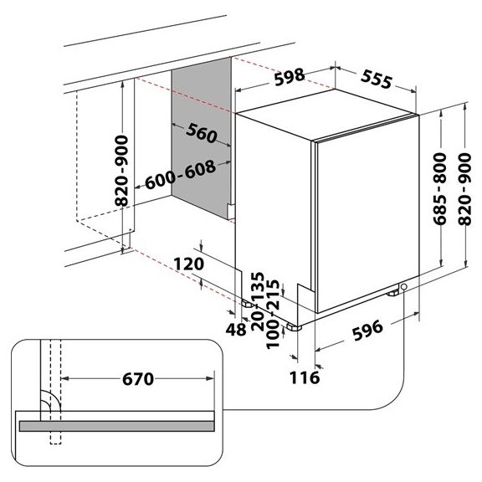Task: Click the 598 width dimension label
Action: [290, 77]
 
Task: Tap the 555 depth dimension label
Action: [377, 79]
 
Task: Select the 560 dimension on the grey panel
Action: [202, 133]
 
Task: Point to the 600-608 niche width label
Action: [180, 175]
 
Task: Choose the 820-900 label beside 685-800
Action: [464, 189]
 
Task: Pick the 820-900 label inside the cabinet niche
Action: [121, 171]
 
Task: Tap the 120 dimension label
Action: [189, 264]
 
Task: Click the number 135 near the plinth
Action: [258, 286]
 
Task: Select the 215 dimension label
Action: [273, 295]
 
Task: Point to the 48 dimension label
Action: [236, 330]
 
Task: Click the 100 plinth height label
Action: [273, 334]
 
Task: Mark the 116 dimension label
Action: [305, 377]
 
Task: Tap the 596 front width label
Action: [367, 331]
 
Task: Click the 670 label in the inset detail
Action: [138, 379]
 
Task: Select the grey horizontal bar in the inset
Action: [117, 426]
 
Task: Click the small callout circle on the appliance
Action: [404, 287]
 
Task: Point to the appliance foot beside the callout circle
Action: [393, 293]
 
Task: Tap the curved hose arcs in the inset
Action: [51, 400]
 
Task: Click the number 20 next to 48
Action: [258, 320]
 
